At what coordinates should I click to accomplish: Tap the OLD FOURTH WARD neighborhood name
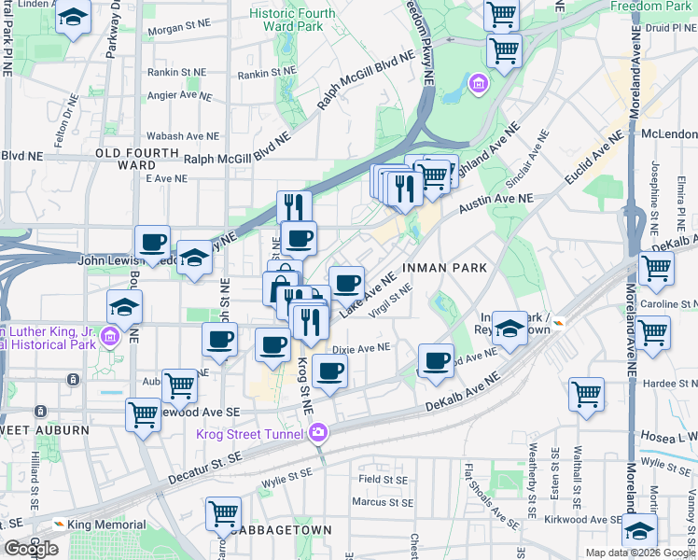coord(136,159)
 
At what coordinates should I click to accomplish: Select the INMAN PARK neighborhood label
coord(444,268)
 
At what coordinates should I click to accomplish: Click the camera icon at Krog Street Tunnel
coord(319,433)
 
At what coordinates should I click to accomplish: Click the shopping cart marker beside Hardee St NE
coord(586,394)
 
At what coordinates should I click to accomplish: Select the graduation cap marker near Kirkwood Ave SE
coord(639,530)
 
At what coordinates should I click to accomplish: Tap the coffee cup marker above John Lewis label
coord(153,243)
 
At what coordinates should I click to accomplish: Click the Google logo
coord(31,548)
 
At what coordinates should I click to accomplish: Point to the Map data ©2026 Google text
coord(640,553)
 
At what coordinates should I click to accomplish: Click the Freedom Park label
coord(651,7)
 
